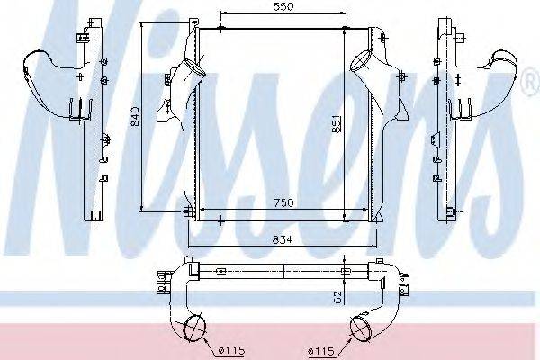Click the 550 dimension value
(284, 6)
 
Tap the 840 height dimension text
(135, 116)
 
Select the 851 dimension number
(337, 123)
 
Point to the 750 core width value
(284, 202)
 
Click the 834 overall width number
(282, 239)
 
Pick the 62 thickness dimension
(337, 297)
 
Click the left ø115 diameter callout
(232, 351)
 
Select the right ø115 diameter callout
(321, 351)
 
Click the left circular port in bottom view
(195, 327)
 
